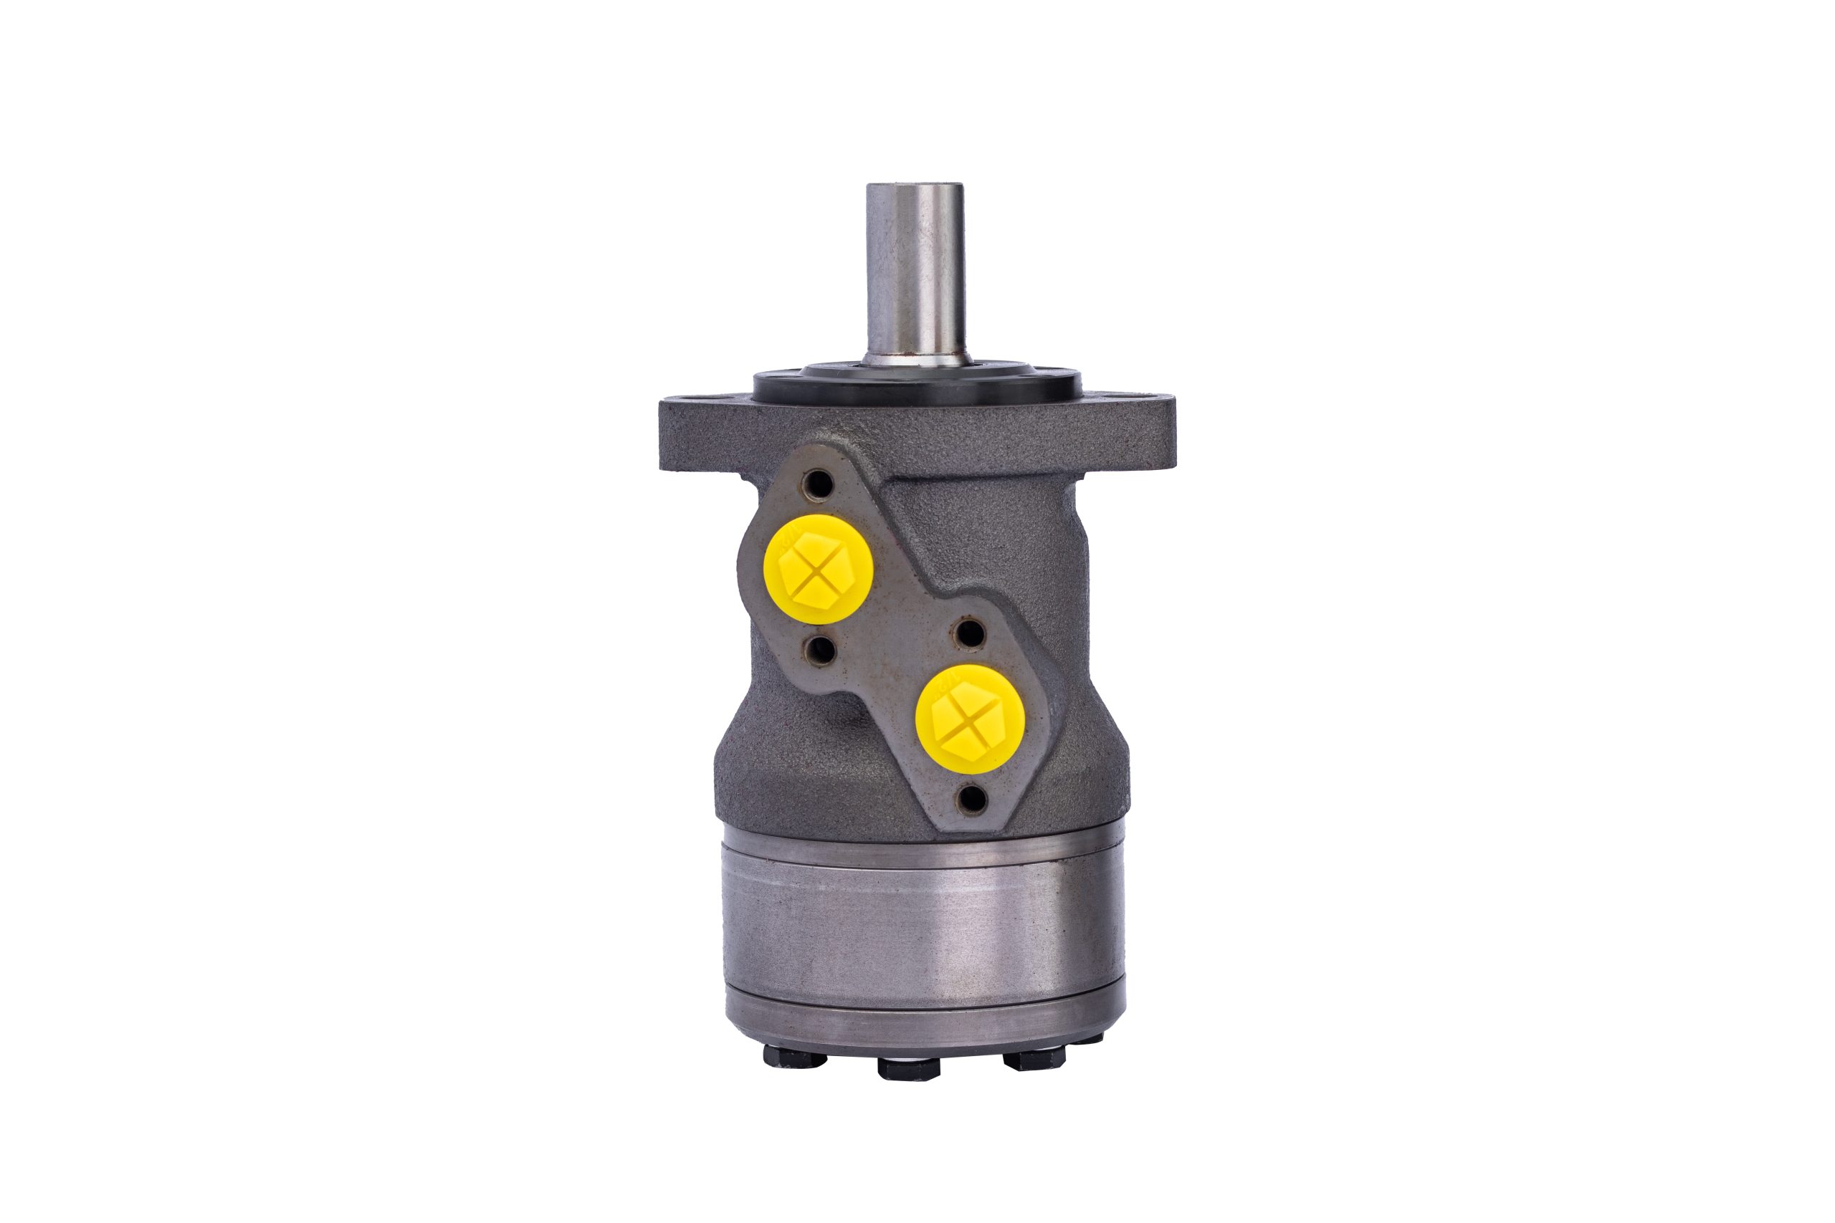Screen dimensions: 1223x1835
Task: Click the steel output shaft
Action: [915, 273]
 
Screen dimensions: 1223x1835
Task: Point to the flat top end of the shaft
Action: [915, 187]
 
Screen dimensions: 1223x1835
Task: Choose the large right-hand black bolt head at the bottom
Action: [1034, 1059]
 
